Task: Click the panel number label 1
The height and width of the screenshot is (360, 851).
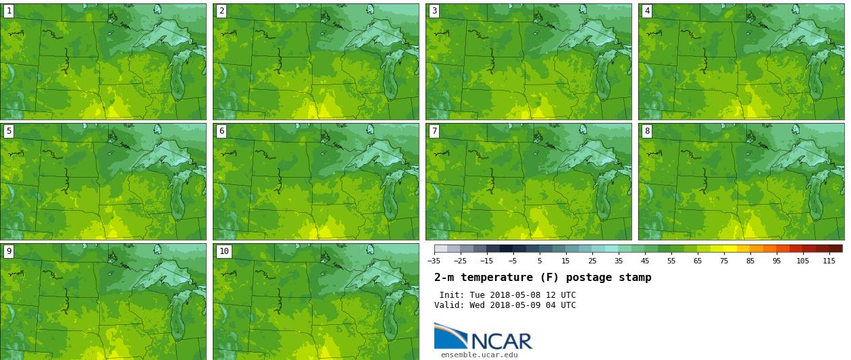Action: tap(9, 11)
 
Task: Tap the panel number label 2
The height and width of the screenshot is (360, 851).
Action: tap(222, 11)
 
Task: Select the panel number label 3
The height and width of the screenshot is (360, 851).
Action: tap(434, 11)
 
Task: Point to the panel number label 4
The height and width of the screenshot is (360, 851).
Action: tap(647, 11)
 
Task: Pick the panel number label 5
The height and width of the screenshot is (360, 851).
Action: tap(9, 131)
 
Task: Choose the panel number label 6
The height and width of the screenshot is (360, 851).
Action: tap(222, 131)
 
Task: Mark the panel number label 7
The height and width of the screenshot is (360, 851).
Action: tap(434, 131)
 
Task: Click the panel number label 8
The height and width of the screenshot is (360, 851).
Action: tap(647, 131)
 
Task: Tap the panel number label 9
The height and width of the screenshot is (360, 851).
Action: tap(9, 251)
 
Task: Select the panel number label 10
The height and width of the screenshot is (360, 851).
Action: tap(224, 251)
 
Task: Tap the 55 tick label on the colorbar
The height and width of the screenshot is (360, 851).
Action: tap(671, 261)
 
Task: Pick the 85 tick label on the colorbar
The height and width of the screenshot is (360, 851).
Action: tap(750, 261)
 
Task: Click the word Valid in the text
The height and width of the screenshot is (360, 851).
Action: tap(448, 305)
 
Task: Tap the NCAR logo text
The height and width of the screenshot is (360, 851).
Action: tap(501, 341)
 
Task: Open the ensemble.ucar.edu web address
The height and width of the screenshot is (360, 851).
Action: tap(480, 355)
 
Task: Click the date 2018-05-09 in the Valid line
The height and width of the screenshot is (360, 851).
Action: tap(513, 305)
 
